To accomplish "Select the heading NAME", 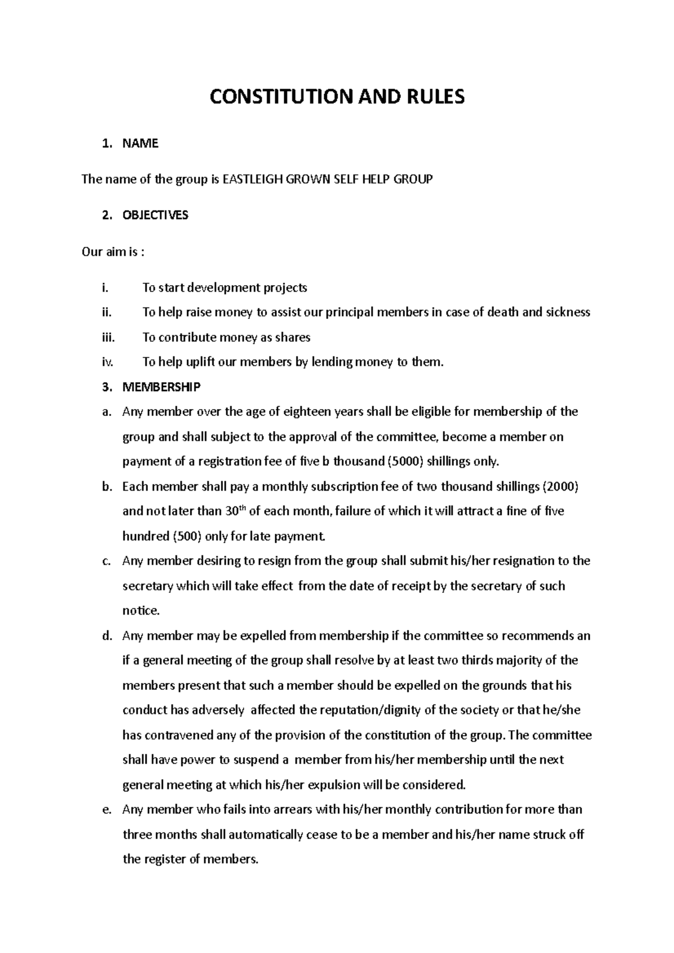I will coord(140,144).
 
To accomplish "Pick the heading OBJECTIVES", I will coord(156,216).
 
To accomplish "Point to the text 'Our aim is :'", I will coord(113,251).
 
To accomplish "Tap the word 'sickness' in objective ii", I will coord(568,312).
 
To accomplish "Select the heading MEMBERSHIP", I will coord(161,387).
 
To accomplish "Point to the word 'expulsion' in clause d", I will coord(333,785).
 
